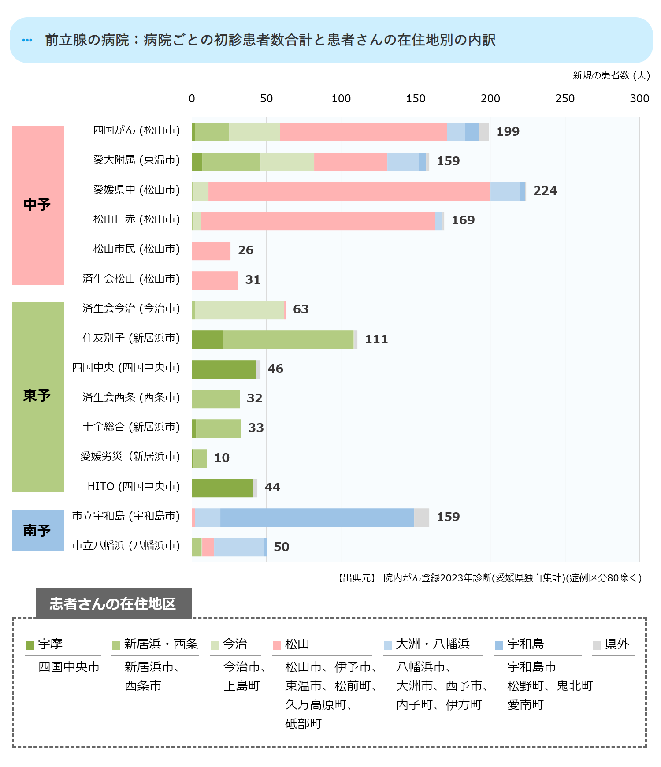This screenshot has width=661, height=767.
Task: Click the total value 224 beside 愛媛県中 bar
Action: pyautogui.click(x=545, y=191)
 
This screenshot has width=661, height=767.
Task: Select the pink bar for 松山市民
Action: pyautogui.click(x=211, y=250)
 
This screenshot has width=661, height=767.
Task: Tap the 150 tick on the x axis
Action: pyautogui.click(x=416, y=99)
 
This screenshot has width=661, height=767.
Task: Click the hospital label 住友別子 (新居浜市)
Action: pyautogui.click(x=131, y=338)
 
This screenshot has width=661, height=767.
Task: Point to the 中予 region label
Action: pyautogui.click(x=37, y=205)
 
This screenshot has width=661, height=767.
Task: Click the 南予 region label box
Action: pyautogui.click(x=37, y=530)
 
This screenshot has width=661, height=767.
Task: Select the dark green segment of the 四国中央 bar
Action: pyautogui.click(x=224, y=369)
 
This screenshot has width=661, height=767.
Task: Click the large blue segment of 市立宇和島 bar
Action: pyautogui.click(x=317, y=517)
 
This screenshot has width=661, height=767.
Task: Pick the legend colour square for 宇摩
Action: pyautogui.click(x=30, y=645)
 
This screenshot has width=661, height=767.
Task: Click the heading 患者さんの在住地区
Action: pyautogui.click(x=113, y=603)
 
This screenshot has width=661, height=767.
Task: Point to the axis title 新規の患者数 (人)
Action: pyautogui.click(x=611, y=75)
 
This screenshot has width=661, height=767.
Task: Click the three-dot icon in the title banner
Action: pyautogui.click(x=27, y=40)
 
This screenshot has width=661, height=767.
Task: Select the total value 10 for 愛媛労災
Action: pyautogui.click(x=222, y=458)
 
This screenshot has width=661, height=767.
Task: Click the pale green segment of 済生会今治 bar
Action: pyautogui.click(x=239, y=309)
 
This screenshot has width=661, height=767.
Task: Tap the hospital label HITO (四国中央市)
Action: pyautogui.click(x=134, y=487)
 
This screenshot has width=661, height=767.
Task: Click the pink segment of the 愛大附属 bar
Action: pyautogui.click(x=351, y=161)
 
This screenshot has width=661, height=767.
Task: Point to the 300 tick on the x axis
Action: pyautogui.click(x=639, y=99)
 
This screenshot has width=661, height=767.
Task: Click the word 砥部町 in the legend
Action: pyautogui.click(x=304, y=723)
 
